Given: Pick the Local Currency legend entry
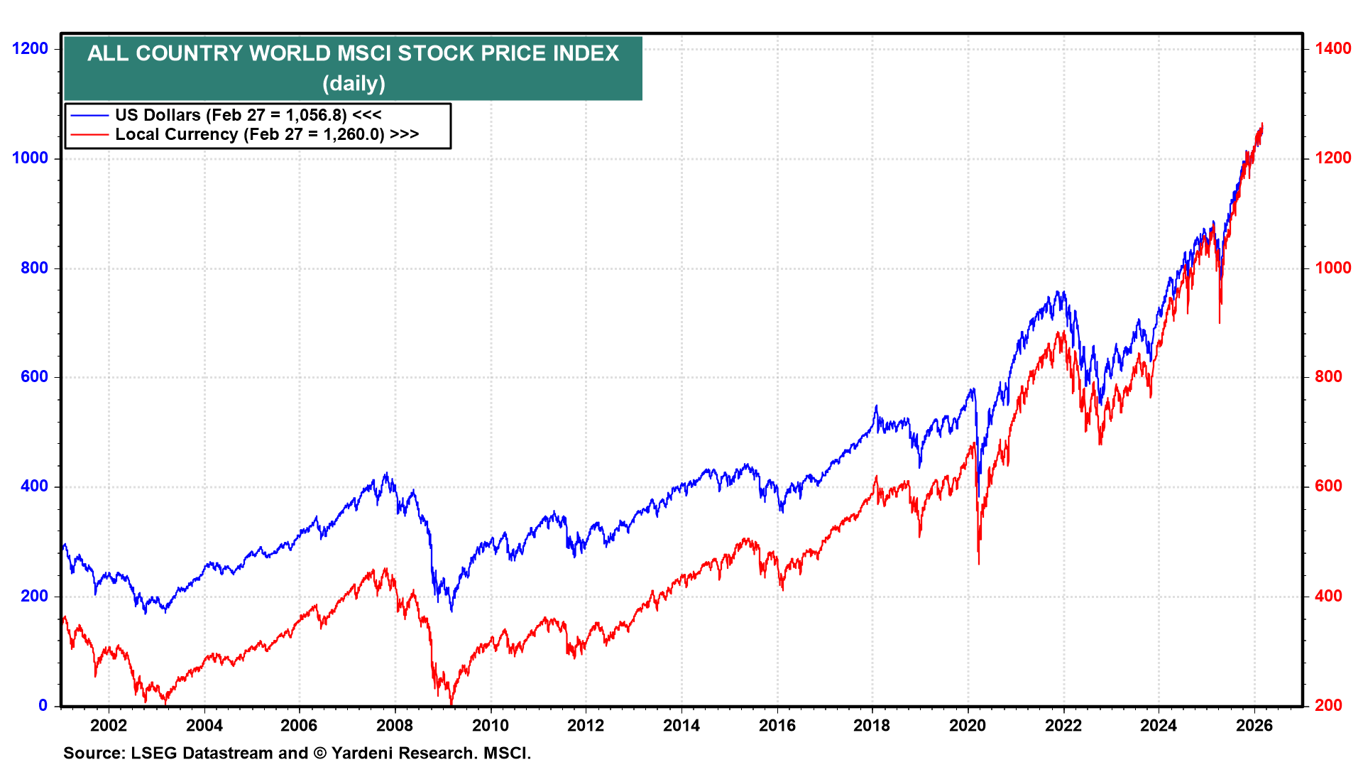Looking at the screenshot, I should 266,134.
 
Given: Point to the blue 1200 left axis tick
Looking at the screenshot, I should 31,48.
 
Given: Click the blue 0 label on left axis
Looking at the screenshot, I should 43,705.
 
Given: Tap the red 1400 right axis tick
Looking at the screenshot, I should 1332,48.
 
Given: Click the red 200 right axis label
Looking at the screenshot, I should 1328,705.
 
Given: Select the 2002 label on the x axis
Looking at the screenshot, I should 109,725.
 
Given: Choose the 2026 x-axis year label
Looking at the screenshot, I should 1254,725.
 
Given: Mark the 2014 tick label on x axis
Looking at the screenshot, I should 681,725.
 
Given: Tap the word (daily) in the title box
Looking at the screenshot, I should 354,83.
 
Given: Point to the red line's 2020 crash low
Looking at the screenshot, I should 979,564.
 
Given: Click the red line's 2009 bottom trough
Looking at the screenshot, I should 451,704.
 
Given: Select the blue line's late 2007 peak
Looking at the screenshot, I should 385,474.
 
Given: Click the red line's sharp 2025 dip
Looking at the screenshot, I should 1220,323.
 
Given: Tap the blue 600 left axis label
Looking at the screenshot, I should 35,377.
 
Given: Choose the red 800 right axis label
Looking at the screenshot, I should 1328,377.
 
